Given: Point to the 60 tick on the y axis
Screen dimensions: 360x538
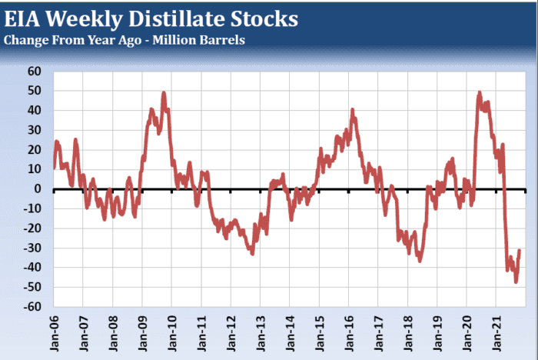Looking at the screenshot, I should click(x=35, y=72).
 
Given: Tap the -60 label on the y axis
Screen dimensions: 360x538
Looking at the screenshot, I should click(x=33, y=307).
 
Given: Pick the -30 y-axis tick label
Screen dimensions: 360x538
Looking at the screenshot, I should click(x=33, y=248).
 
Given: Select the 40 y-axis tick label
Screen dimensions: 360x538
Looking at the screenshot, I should click(x=35, y=111).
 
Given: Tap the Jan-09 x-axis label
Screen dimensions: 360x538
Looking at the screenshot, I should click(x=142, y=332).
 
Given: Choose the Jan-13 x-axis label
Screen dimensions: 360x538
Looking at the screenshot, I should click(x=260, y=332).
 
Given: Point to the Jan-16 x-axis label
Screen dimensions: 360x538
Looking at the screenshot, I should click(x=348, y=332).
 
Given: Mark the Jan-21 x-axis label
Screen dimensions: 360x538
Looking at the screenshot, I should click(x=496, y=332).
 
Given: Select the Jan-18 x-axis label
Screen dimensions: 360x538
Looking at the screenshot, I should click(x=407, y=332).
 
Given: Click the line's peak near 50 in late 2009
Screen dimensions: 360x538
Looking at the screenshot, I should click(x=164, y=93).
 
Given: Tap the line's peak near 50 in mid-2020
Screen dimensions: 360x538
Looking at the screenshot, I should click(x=480, y=92).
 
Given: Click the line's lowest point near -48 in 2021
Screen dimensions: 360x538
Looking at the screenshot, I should click(x=516, y=282).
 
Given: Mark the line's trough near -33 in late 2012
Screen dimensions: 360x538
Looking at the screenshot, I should click(x=253, y=254).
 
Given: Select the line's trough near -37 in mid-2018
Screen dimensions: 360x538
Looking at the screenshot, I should click(x=420, y=261).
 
